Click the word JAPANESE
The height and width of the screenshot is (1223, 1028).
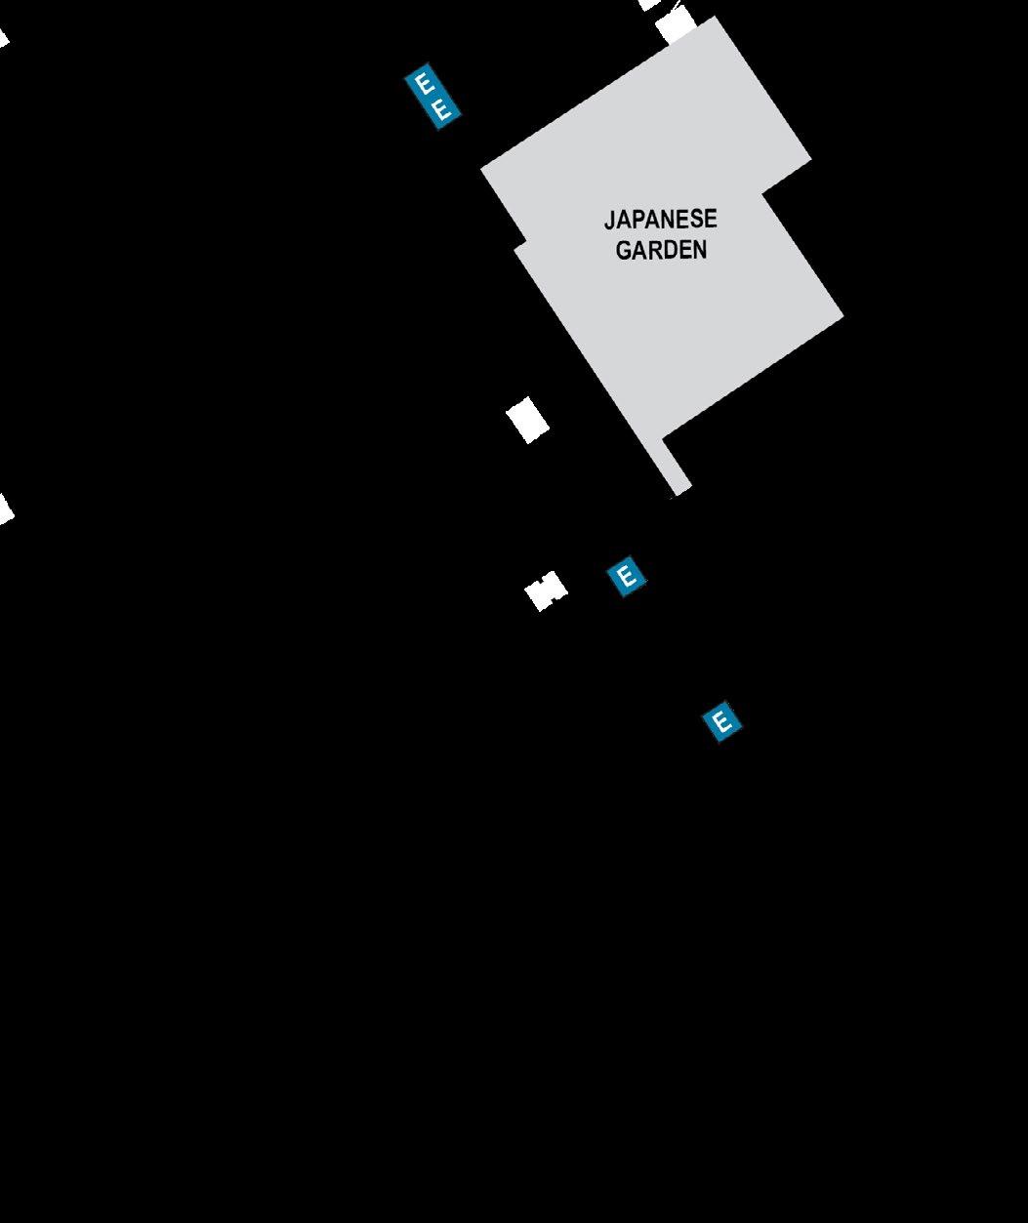click(x=660, y=220)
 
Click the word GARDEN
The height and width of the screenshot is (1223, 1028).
click(x=661, y=250)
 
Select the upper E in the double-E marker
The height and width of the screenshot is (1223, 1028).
click(x=425, y=84)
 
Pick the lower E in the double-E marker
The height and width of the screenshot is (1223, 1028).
click(x=441, y=110)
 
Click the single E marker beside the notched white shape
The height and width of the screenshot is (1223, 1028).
click(x=627, y=576)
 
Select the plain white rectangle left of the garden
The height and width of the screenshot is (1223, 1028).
click(x=527, y=421)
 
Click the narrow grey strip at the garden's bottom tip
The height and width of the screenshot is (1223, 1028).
click(x=676, y=469)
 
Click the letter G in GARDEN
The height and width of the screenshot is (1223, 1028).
click(x=624, y=251)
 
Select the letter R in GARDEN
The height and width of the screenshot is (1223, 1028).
click(x=654, y=251)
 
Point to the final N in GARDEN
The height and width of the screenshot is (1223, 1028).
click(x=698, y=251)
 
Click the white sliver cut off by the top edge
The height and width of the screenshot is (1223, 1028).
click(x=650, y=4)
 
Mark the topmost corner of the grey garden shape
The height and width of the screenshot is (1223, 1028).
click(x=716, y=18)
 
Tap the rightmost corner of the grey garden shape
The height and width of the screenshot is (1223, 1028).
click(x=843, y=315)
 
